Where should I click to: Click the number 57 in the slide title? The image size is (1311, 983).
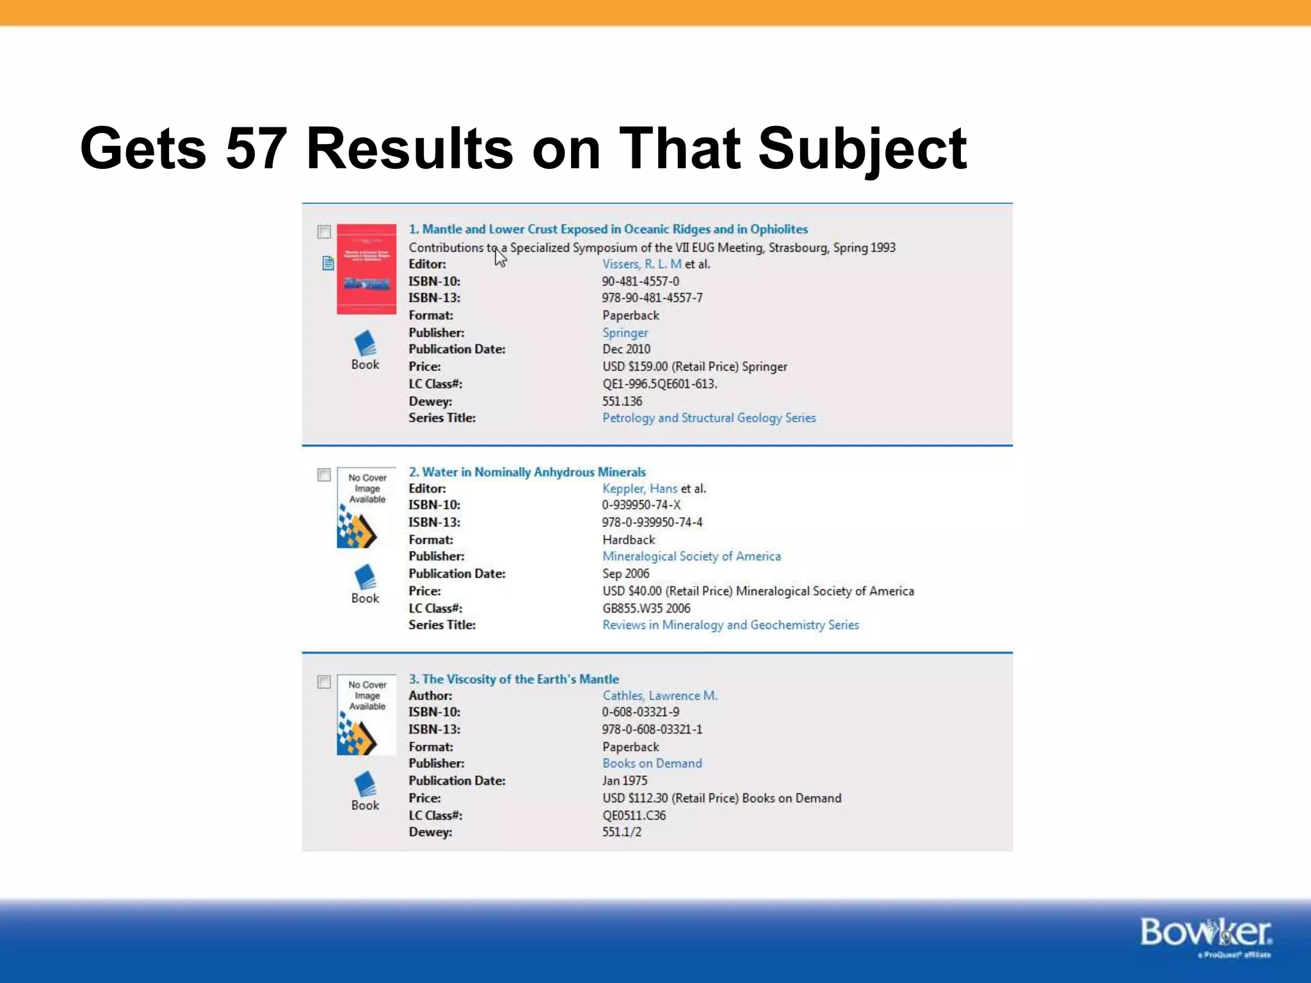[256, 148]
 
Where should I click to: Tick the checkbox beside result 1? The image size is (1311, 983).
[324, 232]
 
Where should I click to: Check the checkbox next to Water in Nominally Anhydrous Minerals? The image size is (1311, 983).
[324, 475]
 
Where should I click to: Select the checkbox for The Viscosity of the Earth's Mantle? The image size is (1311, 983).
[324, 682]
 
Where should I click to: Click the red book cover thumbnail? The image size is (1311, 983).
[366, 269]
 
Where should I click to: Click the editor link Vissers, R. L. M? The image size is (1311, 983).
[641, 264]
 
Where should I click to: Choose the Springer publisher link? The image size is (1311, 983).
[625, 333]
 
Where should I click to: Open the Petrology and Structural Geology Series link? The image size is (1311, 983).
[709, 418]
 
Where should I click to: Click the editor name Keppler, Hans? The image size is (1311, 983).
[639, 489]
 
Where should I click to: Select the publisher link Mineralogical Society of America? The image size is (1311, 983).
[691, 557]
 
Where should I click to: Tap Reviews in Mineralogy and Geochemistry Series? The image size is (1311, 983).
[730, 625]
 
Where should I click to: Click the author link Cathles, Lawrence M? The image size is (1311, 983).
[659, 696]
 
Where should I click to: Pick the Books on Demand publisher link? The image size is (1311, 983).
[652, 763]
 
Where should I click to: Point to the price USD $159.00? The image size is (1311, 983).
[635, 367]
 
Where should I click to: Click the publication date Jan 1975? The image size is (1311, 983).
[624, 781]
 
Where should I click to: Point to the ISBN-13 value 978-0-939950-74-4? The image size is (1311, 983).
[652, 522]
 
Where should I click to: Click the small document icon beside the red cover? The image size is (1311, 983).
[328, 263]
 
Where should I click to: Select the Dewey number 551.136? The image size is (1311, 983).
[622, 401]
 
